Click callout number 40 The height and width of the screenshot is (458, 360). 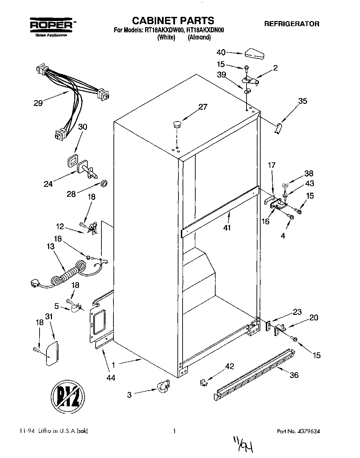click(x=221, y=52)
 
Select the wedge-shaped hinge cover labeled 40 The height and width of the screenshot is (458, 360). click(x=254, y=53)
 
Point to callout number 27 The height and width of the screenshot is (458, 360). click(x=203, y=107)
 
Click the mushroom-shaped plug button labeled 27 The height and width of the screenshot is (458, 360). click(x=177, y=124)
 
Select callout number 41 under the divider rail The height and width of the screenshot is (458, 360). click(x=227, y=227)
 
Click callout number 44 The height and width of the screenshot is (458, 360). click(x=110, y=377)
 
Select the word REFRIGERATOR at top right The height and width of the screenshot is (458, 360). click(x=291, y=24)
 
